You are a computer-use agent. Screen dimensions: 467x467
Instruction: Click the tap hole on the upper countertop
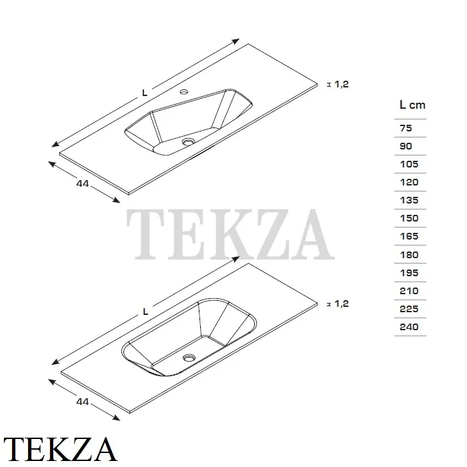[x=183, y=91]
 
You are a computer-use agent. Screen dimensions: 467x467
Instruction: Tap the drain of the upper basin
[x=188, y=142]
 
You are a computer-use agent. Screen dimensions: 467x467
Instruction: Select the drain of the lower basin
[x=189, y=358]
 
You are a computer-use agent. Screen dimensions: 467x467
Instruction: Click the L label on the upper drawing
[x=145, y=93]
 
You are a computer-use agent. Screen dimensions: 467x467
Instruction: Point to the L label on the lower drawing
[x=145, y=312]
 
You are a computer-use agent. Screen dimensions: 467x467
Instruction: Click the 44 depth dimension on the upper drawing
[x=83, y=183]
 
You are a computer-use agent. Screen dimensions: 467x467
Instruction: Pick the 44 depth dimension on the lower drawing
[x=83, y=402]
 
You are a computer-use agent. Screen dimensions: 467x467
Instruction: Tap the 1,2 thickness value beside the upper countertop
[x=342, y=84]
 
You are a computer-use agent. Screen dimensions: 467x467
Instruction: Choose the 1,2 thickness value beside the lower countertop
[x=342, y=304]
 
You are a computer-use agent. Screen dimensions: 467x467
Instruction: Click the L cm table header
[x=412, y=105]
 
